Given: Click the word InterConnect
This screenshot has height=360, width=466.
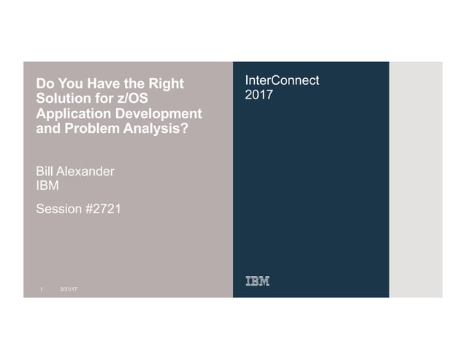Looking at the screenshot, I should tap(282, 80).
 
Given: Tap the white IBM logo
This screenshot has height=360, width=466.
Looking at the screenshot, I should tap(256, 282).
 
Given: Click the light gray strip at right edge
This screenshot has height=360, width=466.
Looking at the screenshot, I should tap(416, 179).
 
